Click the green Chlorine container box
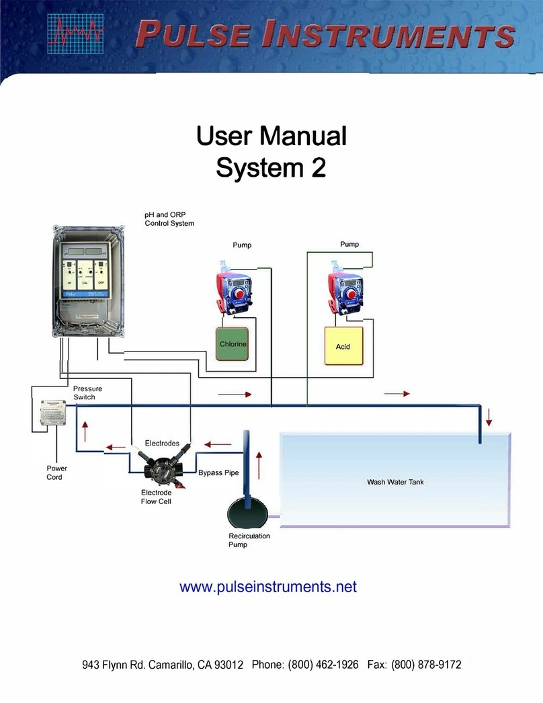pos(233,345)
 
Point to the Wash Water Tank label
pos(394,482)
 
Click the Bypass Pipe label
pos(218,472)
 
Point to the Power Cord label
pos(56,472)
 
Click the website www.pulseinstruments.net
pos(267,587)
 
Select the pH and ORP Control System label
pos(169,218)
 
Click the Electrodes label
pos(162,444)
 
